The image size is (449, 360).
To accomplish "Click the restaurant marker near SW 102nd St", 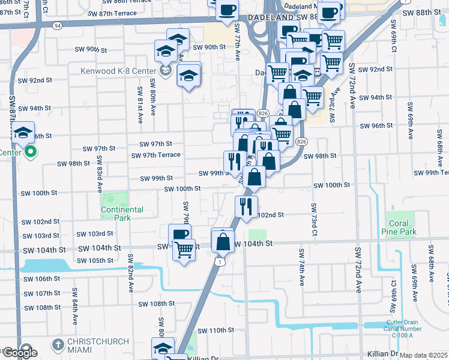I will tap(246, 207).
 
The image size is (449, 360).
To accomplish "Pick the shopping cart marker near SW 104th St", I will tap(184, 248).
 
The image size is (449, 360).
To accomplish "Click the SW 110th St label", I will tap(213, 331).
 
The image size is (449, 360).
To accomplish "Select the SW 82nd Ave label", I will tap(130, 273).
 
